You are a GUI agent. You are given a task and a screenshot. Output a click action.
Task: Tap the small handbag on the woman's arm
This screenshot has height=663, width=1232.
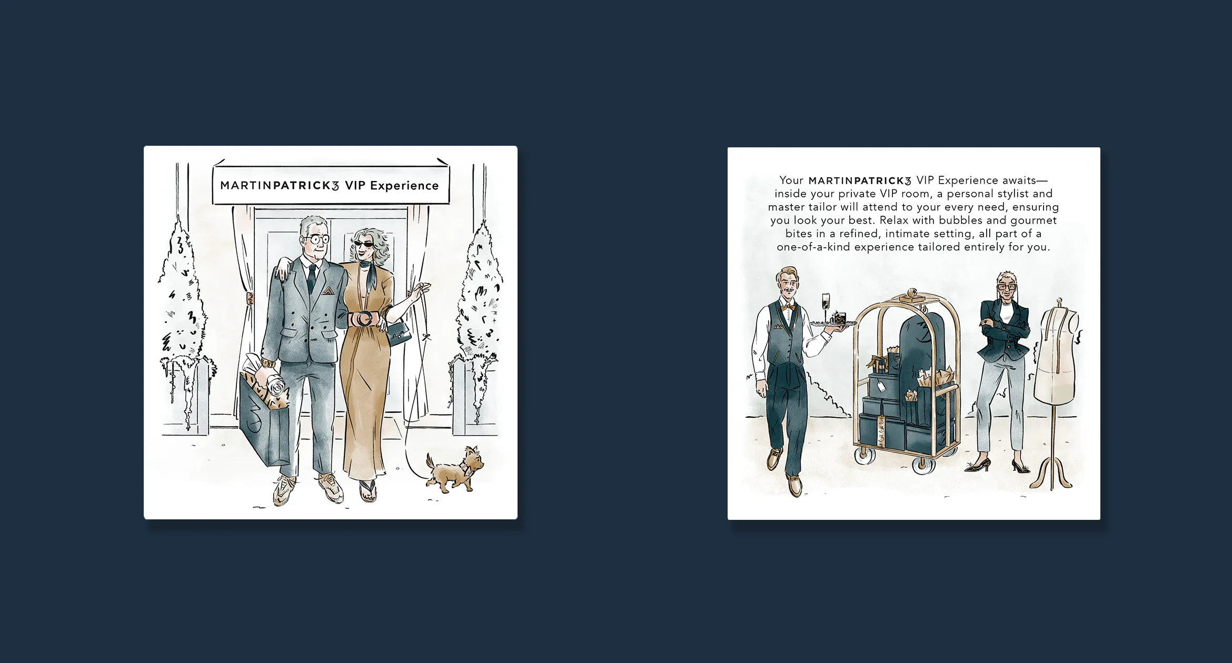(x=399, y=333)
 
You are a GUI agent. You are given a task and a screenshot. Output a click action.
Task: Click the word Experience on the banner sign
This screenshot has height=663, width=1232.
(x=404, y=186)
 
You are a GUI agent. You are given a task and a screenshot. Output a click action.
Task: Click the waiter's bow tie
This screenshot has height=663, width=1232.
(x=788, y=307)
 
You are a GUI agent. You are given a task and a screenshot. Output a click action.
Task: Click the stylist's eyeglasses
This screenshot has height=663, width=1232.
(x=1007, y=287)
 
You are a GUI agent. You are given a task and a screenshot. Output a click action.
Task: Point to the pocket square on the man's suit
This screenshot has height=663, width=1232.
(x=328, y=290)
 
